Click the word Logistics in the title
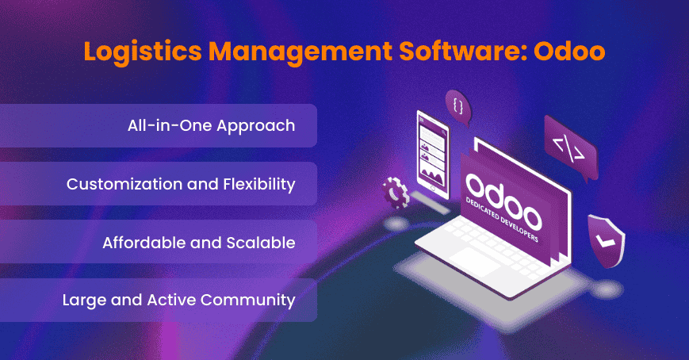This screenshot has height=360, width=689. point(143,52)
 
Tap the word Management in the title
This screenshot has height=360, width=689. point(300,52)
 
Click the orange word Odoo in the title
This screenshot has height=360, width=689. point(569,51)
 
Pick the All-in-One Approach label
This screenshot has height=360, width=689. point(212,126)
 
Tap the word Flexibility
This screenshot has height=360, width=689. point(259,184)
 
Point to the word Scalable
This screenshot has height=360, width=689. point(261,243)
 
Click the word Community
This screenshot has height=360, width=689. point(248,301)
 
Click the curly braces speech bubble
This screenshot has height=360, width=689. point(457,107)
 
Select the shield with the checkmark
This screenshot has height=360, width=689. point(607,241)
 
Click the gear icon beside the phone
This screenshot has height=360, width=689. point(396,193)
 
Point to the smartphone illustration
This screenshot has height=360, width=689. point(432,155)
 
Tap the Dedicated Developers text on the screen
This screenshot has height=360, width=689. point(502,220)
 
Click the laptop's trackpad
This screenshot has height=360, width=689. point(475,262)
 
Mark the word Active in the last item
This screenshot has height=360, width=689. point(172,301)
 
